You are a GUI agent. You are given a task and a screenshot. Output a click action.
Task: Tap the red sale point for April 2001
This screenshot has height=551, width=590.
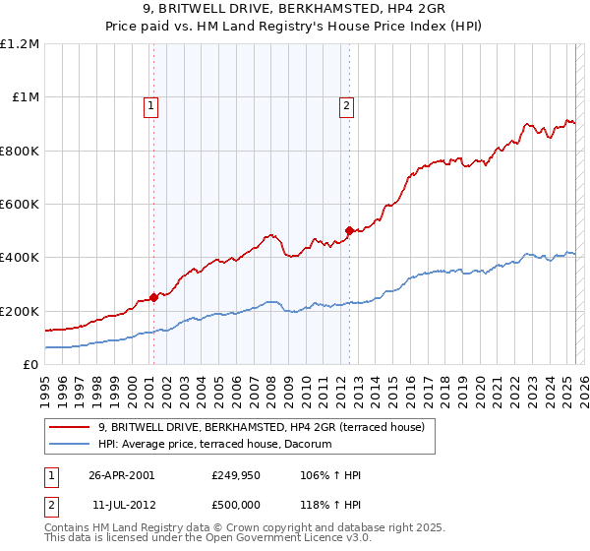point(153,297)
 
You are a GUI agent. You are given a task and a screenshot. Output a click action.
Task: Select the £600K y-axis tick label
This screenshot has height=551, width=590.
point(20,205)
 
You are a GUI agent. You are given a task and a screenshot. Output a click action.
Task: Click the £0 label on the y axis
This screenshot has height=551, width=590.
point(31,365)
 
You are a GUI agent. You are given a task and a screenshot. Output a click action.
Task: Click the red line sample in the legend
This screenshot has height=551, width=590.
point(70,427)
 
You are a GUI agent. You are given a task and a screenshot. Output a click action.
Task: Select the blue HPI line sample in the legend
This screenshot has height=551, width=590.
point(70,445)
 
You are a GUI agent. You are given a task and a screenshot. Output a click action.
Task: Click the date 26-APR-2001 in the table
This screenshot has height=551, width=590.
point(121,474)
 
